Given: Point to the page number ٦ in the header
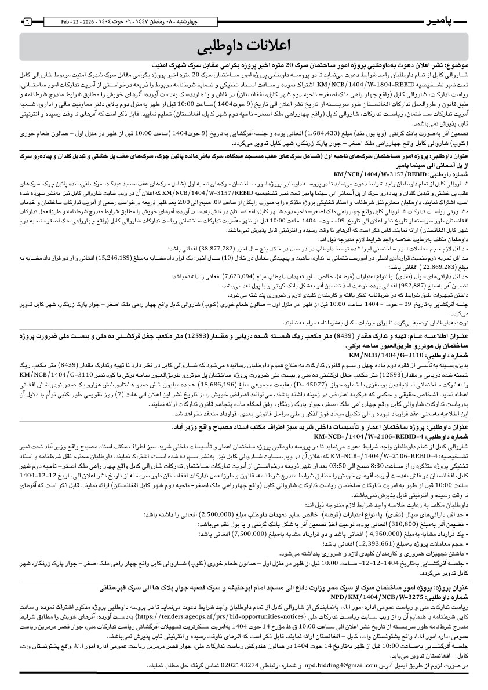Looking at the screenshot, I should [27, 21].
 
